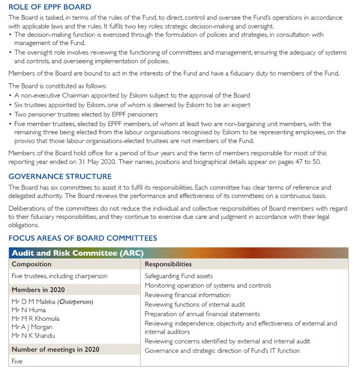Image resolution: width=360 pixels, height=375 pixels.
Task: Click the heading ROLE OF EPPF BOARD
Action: pyautogui.click(x=50, y=7)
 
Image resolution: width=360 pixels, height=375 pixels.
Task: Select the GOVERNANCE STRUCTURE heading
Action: pyautogui.click(x=60, y=177)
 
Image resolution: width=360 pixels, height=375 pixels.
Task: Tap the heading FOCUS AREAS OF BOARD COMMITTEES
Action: pyautogui.click(x=83, y=238)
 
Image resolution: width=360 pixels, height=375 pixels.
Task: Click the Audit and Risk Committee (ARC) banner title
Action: pyautogui.click(x=78, y=253)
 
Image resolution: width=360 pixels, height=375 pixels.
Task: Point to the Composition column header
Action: pyautogui.click(x=31, y=264)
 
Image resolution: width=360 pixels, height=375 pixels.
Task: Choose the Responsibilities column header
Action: pyautogui.click(x=168, y=264)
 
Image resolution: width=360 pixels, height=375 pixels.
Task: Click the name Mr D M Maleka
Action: pyautogui.click(x=34, y=302)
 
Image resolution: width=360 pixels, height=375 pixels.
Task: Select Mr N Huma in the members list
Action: pyautogui.click(x=29, y=310)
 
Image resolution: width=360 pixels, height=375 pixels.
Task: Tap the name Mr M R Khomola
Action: pyautogui.click(x=35, y=319)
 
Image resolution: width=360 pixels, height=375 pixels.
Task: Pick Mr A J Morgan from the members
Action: pyautogui.click(x=32, y=327)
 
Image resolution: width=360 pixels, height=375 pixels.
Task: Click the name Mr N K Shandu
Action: pyautogui.click(x=33, y=335)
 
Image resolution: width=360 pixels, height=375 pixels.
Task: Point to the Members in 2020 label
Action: pyautogui.click(x=38, y=289)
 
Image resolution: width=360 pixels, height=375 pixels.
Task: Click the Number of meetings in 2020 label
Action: pyautogui.click(x=55, y=350)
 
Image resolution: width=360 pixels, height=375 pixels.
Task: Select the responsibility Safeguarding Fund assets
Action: pyautogui.click(x=179, y=276)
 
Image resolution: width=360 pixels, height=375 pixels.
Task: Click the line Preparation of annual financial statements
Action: pyautogui.click(x=202, y=314)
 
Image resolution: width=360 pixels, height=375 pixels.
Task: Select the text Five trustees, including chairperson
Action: pyautogui.click(x=60, y=276)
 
